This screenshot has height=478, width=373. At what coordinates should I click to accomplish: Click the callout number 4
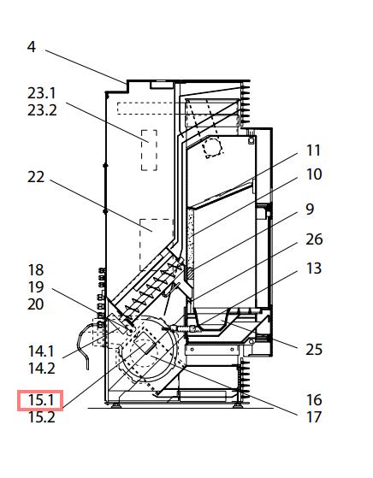point(32,47)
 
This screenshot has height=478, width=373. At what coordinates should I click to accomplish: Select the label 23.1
point(42,93)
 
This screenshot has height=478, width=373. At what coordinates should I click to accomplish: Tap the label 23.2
point(42,110)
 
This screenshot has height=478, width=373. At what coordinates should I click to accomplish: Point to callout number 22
point(36,177)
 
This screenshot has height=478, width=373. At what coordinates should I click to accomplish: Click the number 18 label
point(36,270)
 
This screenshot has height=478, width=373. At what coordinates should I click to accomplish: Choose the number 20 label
point(36,304)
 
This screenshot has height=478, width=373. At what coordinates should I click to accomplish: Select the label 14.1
point(41,351)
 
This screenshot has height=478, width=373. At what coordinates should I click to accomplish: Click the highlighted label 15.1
point(40,400)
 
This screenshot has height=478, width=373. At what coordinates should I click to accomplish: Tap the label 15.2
point(41,417)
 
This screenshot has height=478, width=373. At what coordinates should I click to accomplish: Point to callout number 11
point(313,150)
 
